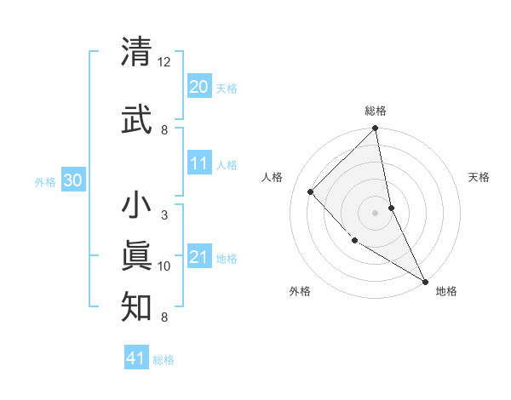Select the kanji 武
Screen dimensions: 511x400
(137, 119)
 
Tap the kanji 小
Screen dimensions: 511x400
(137, 206)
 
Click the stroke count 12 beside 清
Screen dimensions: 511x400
(164, 62)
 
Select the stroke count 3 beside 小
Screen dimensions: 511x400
(164, 215)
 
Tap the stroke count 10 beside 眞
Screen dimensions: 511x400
(164, 266)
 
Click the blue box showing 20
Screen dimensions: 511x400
(198, 87)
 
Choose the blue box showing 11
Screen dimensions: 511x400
(198, 163)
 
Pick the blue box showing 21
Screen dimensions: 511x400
(198, 257)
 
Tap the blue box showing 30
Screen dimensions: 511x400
(73, 180)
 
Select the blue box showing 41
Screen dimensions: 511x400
(136, 358)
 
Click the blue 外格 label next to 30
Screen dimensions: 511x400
(46, 182)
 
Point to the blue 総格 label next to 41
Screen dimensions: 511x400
(164, 360)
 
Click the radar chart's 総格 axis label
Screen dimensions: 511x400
(376, 111)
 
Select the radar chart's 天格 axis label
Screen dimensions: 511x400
(479, 177)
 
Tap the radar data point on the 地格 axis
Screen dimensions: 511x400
(424, 280)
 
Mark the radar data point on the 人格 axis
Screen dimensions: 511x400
(311, 191)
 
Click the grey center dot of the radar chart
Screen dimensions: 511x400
(375, 212)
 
